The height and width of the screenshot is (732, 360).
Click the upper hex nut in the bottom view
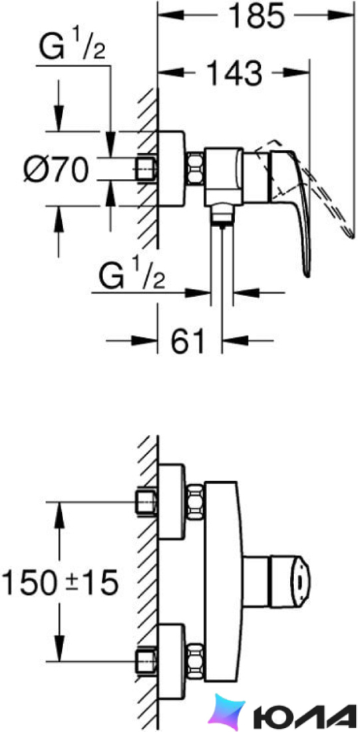click(x=195, y=502)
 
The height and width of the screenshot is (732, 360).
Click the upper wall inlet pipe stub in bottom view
click(x=146, y=502)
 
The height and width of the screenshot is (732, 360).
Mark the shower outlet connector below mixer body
click(x=221, y=215)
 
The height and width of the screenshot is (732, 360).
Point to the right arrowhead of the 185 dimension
click(x=341, y=15)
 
